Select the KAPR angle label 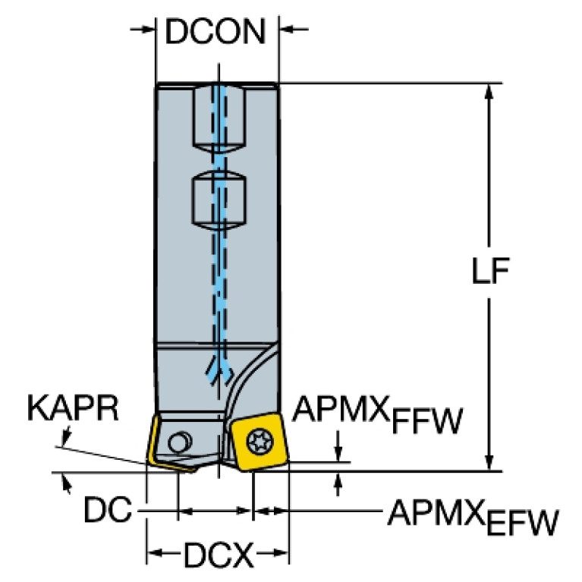tap(73, 409)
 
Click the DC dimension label tap(105, 512)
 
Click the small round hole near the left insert tap(181, 440)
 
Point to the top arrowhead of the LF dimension tap(490, 90)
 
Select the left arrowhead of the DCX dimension tap(153, 552)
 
